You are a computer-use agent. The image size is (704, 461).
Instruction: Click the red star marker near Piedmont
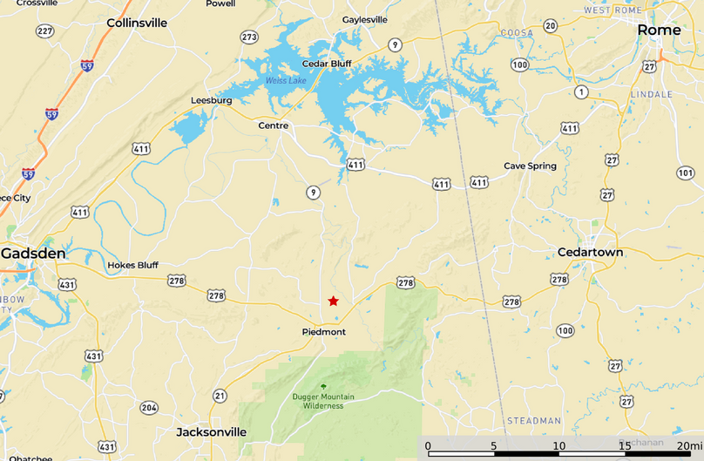pos(333,301)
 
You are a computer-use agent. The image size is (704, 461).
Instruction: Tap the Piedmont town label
pos(323,332)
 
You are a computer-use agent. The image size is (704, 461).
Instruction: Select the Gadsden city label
pos(33,253)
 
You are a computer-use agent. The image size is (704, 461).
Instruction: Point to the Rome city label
pos(659,30)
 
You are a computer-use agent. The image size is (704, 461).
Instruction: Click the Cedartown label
pos(590,252)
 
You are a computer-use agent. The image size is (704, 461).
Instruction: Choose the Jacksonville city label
pos(211,431)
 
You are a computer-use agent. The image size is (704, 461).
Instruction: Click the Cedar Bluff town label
pos(326,64)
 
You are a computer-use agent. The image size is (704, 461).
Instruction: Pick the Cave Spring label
pos(530,166)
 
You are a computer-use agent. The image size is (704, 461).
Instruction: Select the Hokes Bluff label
pos(132,265)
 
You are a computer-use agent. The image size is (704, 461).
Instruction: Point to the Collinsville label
pos(137,23)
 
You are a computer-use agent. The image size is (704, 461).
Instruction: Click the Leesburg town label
pos(211,100)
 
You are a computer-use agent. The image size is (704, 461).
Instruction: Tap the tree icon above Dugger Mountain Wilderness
pos(323,386)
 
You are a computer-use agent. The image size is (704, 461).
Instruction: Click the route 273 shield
pos(249,37)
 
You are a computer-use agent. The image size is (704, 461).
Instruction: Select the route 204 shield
pos(149,408)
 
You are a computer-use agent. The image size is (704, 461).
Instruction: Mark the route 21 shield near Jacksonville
pos(220,396)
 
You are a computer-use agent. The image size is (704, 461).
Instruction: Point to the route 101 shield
pos(685,173)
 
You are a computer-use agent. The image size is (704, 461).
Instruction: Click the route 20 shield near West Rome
pos(550,26)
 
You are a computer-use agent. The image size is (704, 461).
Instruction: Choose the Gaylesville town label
pos(365,19)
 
